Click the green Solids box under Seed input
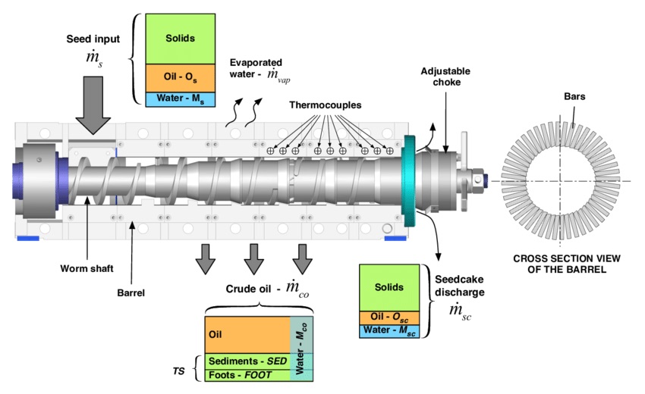point(181,37)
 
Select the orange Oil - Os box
point(181,77)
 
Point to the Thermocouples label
point(326,105)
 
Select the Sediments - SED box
point(247,361)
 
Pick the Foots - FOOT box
point(247,374)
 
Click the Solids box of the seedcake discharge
point(390,287)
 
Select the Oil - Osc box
point(390,317)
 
